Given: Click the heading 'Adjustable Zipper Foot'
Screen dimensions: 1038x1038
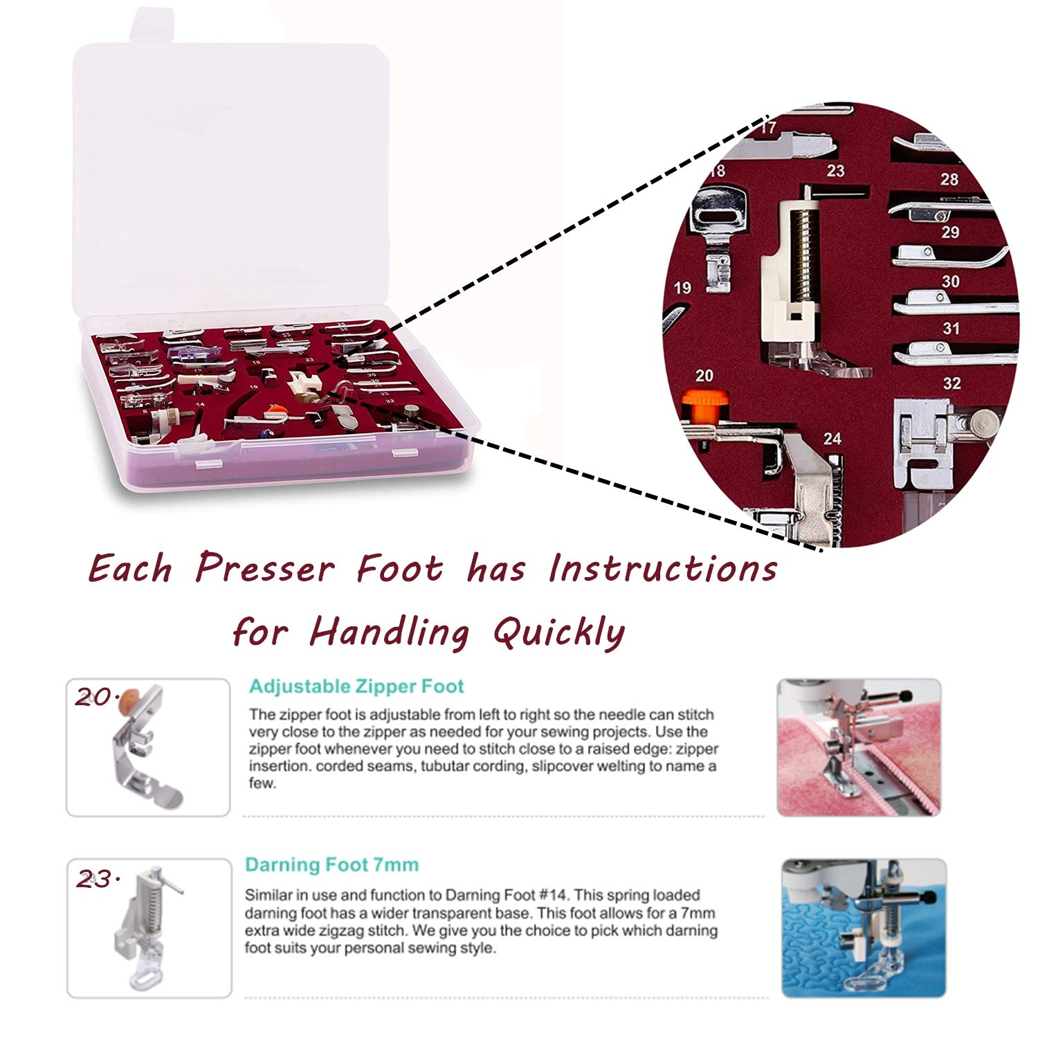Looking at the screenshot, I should (x=356, y=686).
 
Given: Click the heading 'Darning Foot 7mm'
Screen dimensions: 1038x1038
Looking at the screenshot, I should (x=331, y=865).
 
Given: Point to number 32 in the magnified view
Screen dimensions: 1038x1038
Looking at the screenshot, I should (x=951, y=383).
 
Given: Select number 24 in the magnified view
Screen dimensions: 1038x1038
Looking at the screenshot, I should (x=832, y=439).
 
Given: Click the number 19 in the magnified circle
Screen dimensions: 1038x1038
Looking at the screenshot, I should (x=682, y=288).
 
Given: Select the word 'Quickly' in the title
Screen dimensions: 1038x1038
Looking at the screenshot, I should (x=559, y=632).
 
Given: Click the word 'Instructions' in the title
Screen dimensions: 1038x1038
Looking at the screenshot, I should (x=663, y=569).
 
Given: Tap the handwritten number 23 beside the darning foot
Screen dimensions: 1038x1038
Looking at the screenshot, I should (x=95, y=880).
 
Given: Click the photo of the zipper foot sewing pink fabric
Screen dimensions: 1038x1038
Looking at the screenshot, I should (x=859, y=747).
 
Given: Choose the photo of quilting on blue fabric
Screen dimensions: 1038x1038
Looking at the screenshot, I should (x=864, y=928).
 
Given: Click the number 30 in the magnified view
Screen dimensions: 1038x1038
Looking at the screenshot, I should (x=951, y=282).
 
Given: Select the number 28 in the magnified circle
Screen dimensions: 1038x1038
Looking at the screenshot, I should (x=949, y=180).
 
